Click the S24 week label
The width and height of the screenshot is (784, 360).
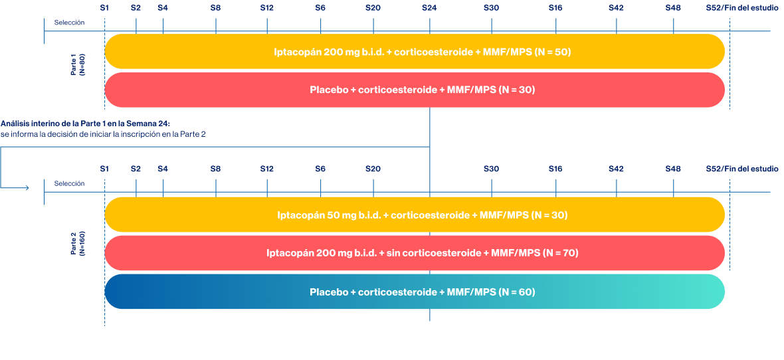pos(429,7)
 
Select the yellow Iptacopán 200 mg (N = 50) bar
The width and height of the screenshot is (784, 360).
pos(414,52)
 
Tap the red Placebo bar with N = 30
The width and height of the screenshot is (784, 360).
pos(414,90)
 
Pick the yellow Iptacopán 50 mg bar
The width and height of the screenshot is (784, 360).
pos(414,215)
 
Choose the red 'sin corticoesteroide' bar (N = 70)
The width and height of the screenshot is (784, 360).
pos(414,253)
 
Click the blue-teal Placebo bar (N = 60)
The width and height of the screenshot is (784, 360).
pos(414,292)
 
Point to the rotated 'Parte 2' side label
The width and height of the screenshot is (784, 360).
pos(78,244)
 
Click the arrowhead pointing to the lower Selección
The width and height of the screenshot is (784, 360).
pos(27,188)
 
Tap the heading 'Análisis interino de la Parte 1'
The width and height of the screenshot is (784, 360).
pos(86,124)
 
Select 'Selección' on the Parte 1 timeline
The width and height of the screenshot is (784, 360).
pos(69,23)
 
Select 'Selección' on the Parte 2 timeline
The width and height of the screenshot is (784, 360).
pos(69,183)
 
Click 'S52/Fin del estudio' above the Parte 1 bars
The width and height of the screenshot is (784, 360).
pos(741,7)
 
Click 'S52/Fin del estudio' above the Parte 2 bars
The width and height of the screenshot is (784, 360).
pos(741,169)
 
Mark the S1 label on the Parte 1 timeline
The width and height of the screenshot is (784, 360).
pos(104,7)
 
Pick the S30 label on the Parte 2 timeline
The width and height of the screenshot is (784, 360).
pos(491,169)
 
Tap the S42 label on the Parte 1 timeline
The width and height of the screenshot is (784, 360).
pos(616,7)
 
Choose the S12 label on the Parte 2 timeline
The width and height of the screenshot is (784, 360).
pos(266,169)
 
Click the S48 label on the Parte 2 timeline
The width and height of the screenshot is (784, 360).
pos(673,169)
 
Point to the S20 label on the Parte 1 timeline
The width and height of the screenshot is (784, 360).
pos(373,7)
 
